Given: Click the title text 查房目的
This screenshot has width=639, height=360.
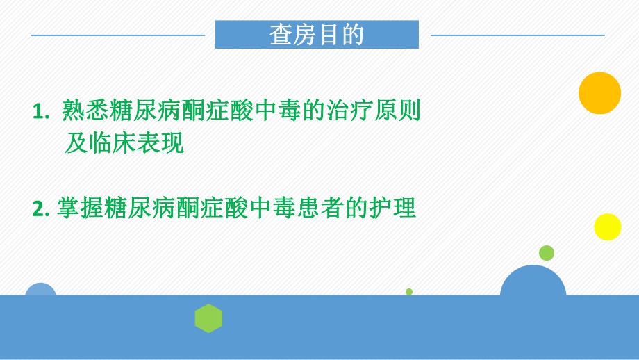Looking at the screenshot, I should [317, 35].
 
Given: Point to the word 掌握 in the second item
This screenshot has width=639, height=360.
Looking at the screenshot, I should [73, 208].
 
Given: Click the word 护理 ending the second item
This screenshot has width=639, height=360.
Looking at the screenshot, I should [395, 208].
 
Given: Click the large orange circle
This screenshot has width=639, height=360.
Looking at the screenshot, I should [599, 92].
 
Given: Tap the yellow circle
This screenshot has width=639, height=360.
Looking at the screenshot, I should [608, 227].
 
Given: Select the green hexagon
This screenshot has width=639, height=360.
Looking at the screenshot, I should [208, 318].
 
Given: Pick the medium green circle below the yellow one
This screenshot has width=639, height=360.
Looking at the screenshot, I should [547, 253].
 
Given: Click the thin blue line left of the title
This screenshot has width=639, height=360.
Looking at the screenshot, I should [118, 35].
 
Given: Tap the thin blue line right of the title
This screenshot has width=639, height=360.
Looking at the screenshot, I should [517, 35].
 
